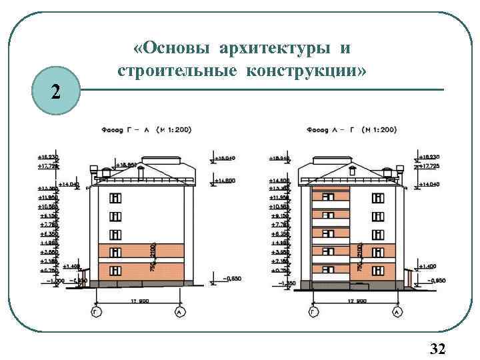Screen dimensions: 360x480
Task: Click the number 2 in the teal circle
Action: [x=55, y=91]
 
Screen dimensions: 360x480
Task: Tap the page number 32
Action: [x=438, y=349]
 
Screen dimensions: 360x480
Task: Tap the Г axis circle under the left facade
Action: [x=98, y=311]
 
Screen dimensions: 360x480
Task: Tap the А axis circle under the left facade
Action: [x=178, y=311]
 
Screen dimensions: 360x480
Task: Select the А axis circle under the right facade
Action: [x=397, y=311]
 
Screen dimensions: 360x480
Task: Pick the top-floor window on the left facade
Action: [x=116, y=198]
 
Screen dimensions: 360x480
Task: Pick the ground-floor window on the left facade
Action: [x=116, y=269]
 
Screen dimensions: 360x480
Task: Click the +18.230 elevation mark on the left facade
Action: [x=47, y=157]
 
